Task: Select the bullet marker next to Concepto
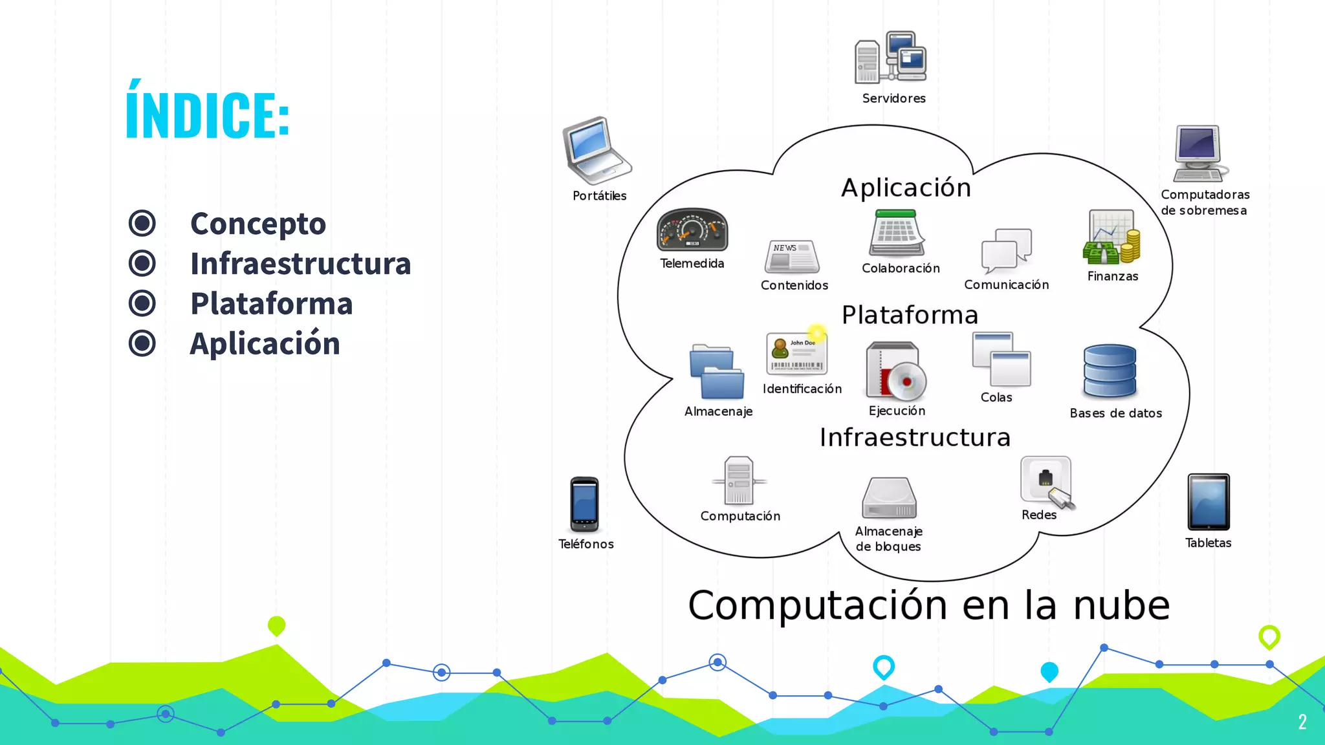142,223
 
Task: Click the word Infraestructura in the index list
300,263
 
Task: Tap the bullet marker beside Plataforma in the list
142,303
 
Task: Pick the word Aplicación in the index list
265,343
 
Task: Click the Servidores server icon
891,58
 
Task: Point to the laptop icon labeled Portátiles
596,151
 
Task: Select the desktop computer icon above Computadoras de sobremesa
1199,153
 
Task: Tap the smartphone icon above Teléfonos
584,504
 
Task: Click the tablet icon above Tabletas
1209,502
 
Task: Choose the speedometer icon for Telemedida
692,230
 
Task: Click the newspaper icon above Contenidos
792,256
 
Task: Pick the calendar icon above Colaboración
897,233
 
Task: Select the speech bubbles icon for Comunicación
1007,251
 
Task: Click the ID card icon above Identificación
797,353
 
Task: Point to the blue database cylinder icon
1110,371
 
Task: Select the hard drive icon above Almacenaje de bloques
890,498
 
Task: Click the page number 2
1302,722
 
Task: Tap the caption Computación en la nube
929,605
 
